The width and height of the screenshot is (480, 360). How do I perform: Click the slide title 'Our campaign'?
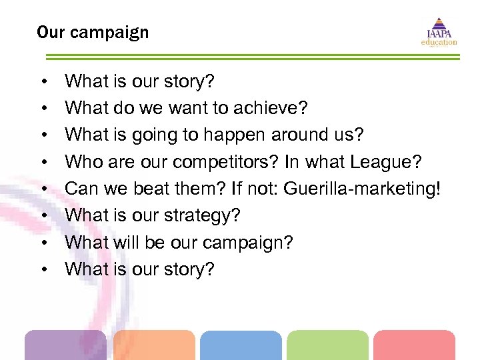click(93, 32)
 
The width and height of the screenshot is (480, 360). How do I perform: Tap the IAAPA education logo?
click(439, 31)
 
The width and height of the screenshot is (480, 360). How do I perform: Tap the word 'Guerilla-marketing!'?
click(362, 189)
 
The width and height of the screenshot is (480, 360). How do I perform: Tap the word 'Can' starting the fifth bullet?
click(81, 189)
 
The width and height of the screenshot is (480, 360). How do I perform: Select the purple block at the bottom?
click(65, 345)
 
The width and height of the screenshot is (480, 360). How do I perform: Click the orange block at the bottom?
click(154, 345)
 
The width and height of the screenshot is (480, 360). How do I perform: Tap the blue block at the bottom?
click(241, 345)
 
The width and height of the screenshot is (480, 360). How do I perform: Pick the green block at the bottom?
click(327, 345)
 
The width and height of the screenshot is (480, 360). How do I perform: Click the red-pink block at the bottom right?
click(414, 345)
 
